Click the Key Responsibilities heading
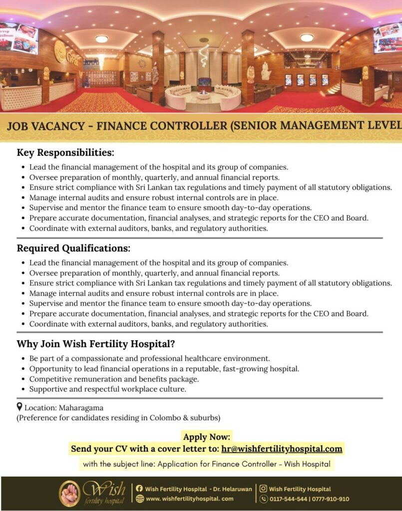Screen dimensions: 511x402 (x=65, y=152)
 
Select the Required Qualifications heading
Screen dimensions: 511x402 (x=73, y=248)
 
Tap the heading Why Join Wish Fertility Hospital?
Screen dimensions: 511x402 (x=95, y=344)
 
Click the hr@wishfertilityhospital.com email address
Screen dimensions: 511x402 (x=282, y=449)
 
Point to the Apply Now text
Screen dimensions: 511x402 (x=207, y=437)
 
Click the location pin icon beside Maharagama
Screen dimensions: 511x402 (x=19, y=407)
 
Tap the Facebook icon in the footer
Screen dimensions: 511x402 (x=139, y=489)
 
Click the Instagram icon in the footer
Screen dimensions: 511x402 (x=263, y=489)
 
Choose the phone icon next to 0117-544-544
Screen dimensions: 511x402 (x=264, y=499)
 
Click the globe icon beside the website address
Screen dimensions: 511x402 (x=139, y=499)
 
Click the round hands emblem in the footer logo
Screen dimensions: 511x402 (x=69, y=493)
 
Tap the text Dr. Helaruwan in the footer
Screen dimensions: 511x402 (x=233, y=489)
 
